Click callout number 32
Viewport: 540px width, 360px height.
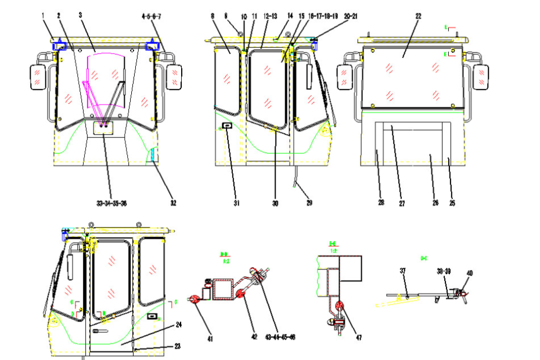(x=173, y=203)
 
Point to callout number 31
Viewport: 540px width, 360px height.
(x=236, y=203)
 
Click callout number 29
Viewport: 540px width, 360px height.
(x=309, y=203)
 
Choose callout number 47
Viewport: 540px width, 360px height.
(x=358, y=337)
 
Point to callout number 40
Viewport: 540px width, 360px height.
(x=470, y=273)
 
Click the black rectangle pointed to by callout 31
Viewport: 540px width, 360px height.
(x=227, y=125)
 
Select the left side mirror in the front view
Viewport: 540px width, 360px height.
(x=37, y=77)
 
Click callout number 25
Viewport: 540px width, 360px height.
(x=453, y=203)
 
